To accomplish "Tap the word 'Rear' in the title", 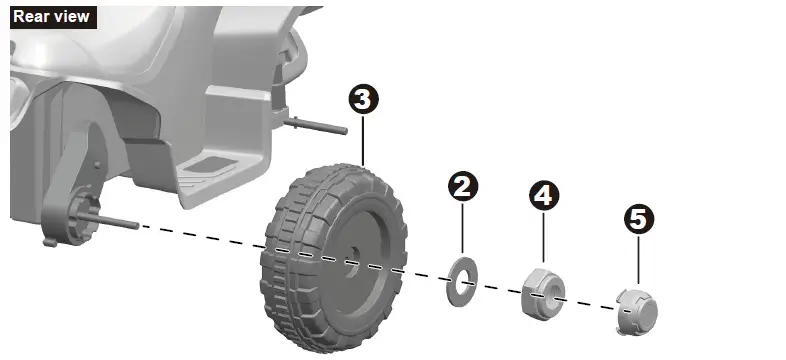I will coord(31,16).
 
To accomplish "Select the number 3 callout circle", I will coord(363,99).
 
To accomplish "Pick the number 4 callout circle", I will coord(543,195).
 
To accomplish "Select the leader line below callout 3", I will coord(363,140).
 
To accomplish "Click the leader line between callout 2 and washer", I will coord(464,230).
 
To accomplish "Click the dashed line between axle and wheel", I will coord(200,238).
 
